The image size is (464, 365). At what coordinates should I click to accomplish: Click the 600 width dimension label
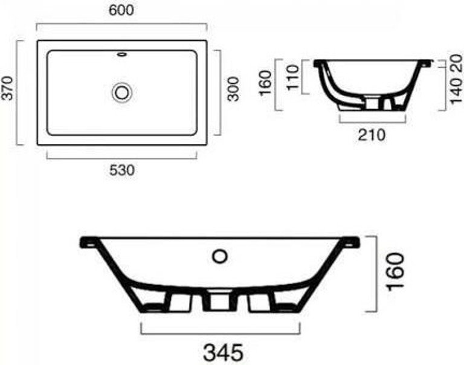[121, 10]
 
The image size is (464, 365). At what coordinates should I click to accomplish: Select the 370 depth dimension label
[7, 88]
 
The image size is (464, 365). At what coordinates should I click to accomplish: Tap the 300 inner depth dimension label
[233, 89]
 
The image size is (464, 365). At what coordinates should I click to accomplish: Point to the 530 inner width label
[122, 170]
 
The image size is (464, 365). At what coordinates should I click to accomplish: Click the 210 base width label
[372, 135]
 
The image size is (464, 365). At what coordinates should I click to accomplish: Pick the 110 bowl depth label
[292, 77]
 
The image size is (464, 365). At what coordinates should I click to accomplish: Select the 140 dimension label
[456, 91]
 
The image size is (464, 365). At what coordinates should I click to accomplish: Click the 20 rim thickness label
[456, 63]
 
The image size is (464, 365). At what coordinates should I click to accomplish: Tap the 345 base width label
[224, 352]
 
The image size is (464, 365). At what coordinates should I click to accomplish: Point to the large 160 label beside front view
[396, 271]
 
